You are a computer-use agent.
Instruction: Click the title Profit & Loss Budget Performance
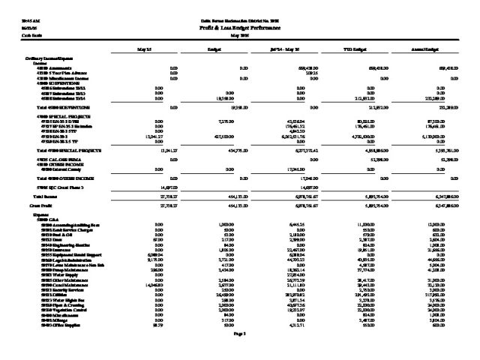[239, 25]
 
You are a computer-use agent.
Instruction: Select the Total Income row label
[38, 195]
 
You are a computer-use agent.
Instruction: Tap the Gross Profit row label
[37, 204]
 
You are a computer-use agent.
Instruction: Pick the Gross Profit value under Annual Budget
[444, 204]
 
